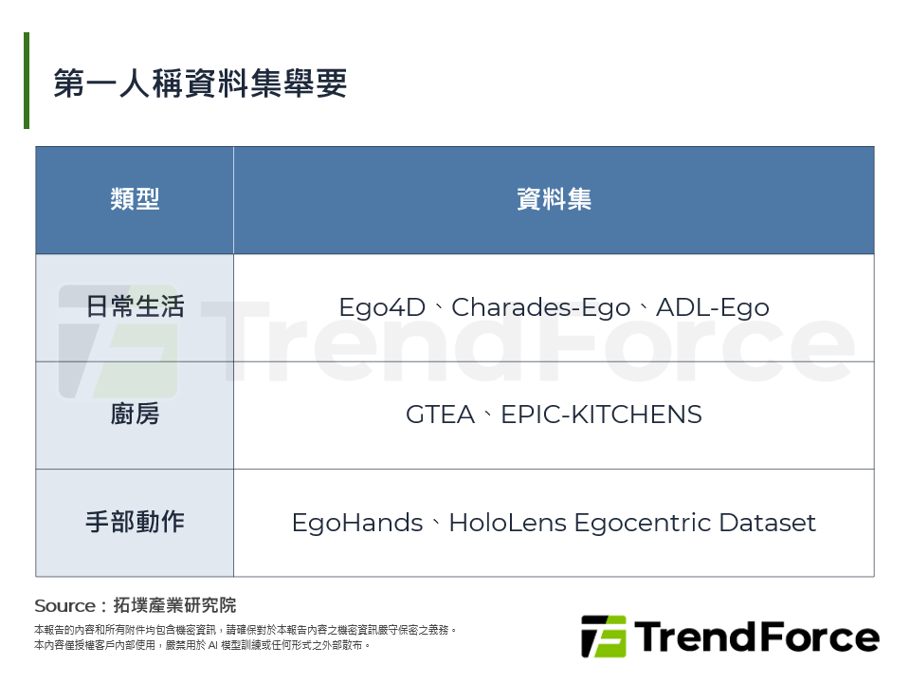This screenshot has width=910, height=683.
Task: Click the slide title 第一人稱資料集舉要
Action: point(200,83)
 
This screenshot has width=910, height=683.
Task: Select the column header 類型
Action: point(135,199)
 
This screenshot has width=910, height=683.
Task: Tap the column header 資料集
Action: point(554,199)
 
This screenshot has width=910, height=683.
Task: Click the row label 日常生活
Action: point(135,307)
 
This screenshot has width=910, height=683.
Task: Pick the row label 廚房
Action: point(135,415)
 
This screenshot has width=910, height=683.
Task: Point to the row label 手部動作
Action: point(135,522)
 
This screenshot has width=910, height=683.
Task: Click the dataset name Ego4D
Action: point(384,308)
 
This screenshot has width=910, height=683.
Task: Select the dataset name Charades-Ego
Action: point(540,308)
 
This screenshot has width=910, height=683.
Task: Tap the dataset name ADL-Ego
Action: point(712,308)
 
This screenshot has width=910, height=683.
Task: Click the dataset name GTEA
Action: point(440,415)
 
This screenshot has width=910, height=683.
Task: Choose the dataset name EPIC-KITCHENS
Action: point(601,415)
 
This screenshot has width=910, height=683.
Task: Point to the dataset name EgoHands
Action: point(356,523)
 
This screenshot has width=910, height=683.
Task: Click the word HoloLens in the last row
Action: point(506,523)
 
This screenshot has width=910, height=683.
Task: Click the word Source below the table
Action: point(64,605)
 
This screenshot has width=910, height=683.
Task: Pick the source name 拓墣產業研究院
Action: point(174,605)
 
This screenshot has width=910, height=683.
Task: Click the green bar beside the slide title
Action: point(27,81)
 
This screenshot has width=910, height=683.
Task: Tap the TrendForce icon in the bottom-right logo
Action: point(603,637)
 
